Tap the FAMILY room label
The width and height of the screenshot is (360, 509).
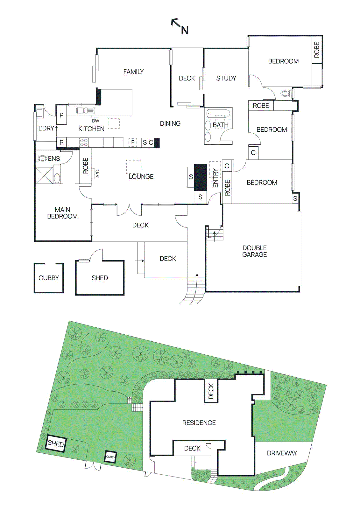coord(133,72)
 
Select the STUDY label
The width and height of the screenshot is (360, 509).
coord(226,78)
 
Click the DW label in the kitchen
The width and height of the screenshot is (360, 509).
coord(95,121)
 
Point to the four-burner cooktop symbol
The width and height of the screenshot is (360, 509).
coord(84,142)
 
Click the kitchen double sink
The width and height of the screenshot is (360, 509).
coord(85,110)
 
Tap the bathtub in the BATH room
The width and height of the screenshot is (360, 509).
coord(218,113)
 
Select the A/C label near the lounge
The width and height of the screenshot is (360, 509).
coord(98,173)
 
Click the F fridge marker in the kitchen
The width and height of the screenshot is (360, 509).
coord(133,142)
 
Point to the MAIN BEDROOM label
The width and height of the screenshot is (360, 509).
coord(62,213)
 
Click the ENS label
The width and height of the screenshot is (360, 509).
coord(54,158)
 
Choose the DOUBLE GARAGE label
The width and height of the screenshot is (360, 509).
coord(254,251)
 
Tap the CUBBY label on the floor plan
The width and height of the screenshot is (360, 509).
coord(48,278)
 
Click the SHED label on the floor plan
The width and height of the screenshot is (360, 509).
coord(100,278)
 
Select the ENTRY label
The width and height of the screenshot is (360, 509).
coord(215,178)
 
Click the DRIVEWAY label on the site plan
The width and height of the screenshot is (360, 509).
coord(282,453)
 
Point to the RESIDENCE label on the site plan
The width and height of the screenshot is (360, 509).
coord(199,423)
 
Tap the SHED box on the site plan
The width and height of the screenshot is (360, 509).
coord(56,443)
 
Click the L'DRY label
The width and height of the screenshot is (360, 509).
coord(46,128)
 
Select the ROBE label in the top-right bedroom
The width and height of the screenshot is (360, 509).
coord(317,50)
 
